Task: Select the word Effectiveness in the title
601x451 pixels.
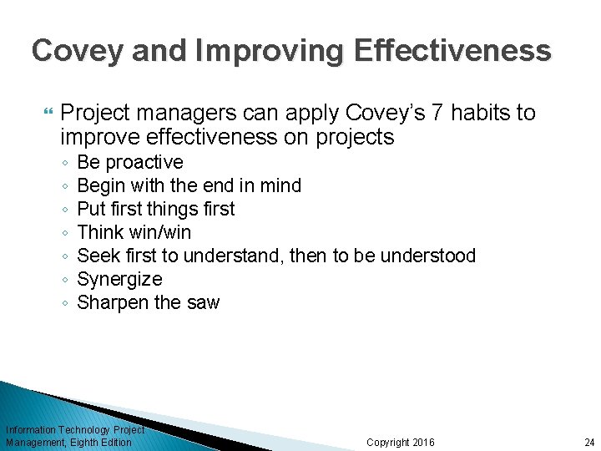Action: [x=453, y=51]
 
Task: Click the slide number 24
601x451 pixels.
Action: [x=589, y=442]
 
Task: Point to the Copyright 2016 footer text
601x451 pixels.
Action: [x=401, y=442]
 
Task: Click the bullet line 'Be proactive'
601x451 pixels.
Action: [x=129, y=162]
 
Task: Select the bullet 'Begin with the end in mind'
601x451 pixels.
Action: [x=189, y=185]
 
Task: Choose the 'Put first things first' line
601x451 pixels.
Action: [x=155, y=209]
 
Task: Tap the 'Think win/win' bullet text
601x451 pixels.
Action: [x=134, y=232]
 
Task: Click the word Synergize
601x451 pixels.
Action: [x=119, y=279]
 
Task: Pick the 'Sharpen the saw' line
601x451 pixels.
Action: [x=148, y=302]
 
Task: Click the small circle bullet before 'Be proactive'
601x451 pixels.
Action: [x=64, y=163]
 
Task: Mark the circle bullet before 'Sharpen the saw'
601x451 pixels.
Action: [x=64, y=303]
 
